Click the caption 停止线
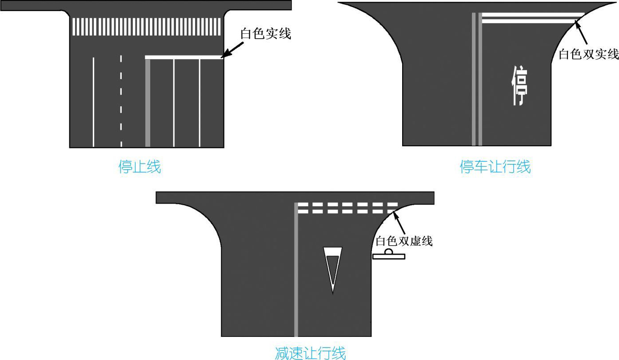click(140, 167)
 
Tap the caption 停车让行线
click(495, 167)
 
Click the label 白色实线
click(266, 33)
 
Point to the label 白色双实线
click(588, 54)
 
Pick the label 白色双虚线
click(404, 241)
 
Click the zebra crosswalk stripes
click(147, 27)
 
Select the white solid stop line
click(183, 57)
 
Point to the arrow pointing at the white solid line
click(232, 50)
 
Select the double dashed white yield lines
click(347, 208)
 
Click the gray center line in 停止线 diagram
click(148, 102)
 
